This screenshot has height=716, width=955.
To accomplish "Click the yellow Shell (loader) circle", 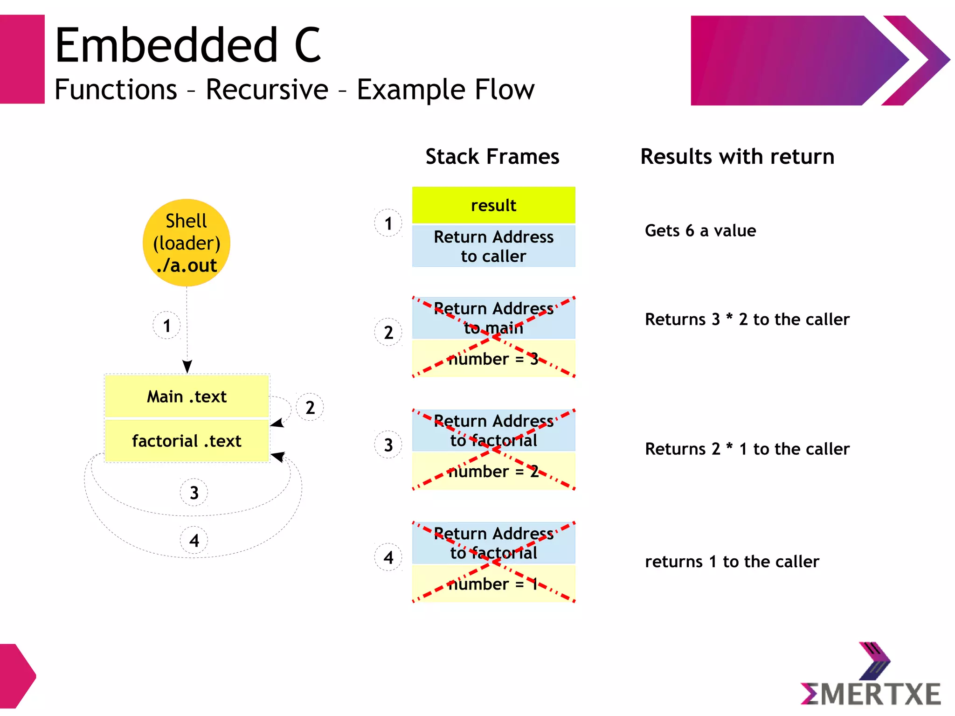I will (187, 243).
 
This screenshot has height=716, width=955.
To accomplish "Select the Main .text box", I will (187, 396).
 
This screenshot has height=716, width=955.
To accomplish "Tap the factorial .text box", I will (187, 441).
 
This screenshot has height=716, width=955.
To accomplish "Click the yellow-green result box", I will (493, 205).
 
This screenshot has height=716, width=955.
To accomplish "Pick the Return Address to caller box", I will (493, 246).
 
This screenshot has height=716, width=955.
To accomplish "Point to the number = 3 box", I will (493, 359).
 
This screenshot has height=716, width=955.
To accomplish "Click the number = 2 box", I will (493, 471).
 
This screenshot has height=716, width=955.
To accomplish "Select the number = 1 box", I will (493, 584).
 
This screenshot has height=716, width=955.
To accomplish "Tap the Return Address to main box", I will (493, 318).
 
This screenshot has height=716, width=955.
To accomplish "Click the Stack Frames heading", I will (492, 156).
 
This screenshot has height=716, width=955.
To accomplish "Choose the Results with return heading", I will (737, 156).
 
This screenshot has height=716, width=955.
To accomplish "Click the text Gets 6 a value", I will (700, 230).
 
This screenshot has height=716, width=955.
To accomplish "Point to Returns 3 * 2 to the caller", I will (747, 320).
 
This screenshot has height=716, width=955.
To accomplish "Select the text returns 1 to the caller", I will (732, 562).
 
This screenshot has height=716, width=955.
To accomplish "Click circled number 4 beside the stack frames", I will (388, 557).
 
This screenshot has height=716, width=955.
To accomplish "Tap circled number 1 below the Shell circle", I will (166, 326).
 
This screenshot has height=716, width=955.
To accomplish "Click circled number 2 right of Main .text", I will (310, 408).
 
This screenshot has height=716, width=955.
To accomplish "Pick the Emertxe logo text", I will (871, 694).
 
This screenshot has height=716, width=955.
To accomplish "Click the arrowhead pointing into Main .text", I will (187, 367).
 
